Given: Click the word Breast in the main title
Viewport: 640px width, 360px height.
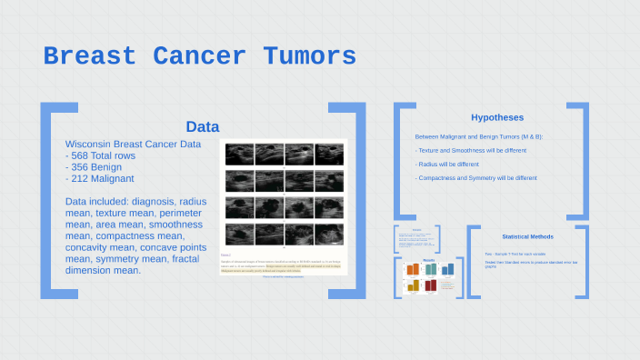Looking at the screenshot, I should coord(90,56).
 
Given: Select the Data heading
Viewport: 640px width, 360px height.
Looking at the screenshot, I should coord(202,126).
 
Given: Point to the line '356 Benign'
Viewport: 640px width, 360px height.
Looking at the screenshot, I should coord(94,167).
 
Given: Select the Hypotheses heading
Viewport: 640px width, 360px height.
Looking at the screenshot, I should coord(496,117).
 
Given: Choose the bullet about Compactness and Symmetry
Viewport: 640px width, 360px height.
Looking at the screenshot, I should coord(477,178).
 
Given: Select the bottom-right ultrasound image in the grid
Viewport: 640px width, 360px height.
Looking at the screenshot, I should coord(328,232).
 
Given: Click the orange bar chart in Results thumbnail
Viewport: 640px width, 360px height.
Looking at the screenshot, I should coord(412,269).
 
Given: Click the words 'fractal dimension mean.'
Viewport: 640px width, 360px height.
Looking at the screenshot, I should coord(103,270).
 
